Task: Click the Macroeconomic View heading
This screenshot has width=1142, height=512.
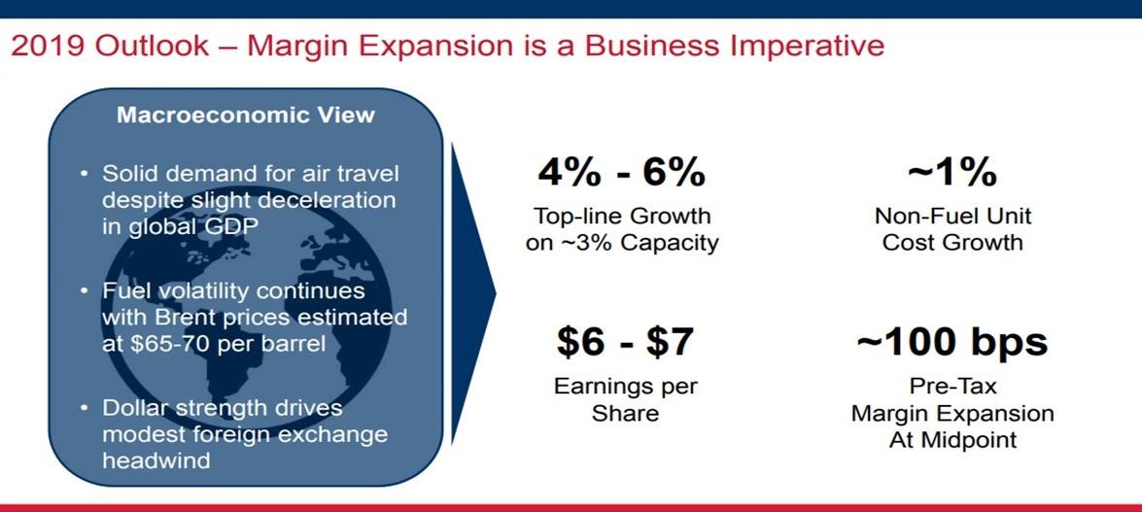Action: (x=245, y=115)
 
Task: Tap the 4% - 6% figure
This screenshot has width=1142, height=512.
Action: (x=621, y=173)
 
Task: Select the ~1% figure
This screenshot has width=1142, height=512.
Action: (x=952, y=173)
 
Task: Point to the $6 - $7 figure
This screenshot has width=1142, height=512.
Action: (x=625, y=341)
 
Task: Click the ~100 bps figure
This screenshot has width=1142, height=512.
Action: (x=952, y=341)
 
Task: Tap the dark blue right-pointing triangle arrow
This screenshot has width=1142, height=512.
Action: (x=472, y=291)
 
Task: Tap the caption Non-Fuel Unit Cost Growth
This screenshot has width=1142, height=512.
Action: (x=952, y=229)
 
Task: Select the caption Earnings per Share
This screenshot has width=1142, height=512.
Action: (x=625, y=399)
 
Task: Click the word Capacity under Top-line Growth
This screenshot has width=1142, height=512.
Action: (x=671, y=242)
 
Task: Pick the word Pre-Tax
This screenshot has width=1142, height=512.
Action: (x=952, y=387)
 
